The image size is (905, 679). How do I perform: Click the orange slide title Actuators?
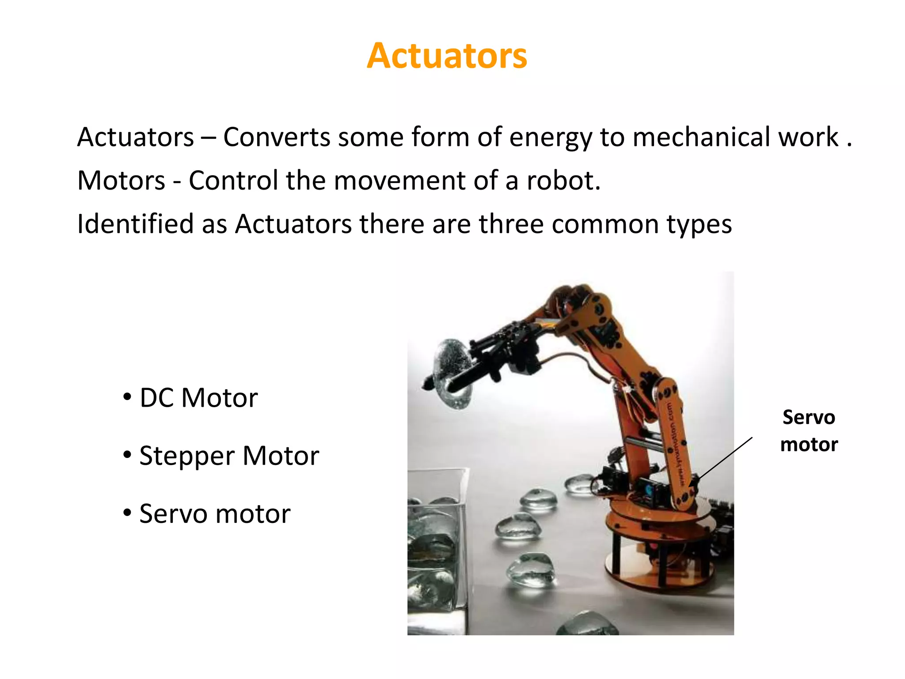(x=447, y=56)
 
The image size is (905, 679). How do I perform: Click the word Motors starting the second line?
(x=121, y=181)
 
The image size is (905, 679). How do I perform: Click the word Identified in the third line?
(x=135, y=224)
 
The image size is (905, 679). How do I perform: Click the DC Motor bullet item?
(x=198, y=398)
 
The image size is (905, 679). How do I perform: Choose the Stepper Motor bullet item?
(x=228, y=456)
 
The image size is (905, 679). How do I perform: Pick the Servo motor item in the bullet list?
(x=214, y=514)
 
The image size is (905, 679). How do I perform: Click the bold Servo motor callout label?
(x=809, y=431)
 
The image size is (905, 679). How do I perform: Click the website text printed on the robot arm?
(x=676, y=442)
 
